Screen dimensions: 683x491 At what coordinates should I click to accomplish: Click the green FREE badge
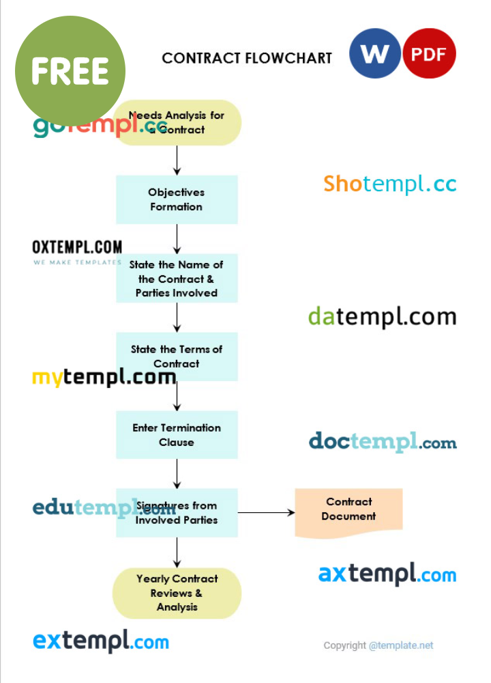[70, 70]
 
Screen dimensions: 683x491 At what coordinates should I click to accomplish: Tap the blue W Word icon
[374, 53]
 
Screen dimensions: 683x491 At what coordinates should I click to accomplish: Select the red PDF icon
[429, 53]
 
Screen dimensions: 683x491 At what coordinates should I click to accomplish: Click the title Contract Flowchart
[247, 58]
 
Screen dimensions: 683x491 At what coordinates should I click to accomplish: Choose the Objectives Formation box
[177, 199]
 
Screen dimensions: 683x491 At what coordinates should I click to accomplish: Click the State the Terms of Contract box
[177, 356]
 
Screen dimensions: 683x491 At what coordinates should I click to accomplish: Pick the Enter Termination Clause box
[177, 434]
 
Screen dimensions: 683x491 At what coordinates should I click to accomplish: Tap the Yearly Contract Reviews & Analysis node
[177, 593]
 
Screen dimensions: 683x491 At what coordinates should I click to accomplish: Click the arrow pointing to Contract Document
[266, 512]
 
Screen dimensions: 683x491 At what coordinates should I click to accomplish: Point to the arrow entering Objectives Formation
[177, 161]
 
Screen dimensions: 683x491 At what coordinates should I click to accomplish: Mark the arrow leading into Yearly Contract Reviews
[177, 552]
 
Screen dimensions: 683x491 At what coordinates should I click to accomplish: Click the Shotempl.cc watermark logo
[389, 184]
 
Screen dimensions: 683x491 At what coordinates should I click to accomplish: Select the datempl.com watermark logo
[382, 317]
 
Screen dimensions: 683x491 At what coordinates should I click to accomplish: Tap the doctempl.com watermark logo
[383, 442]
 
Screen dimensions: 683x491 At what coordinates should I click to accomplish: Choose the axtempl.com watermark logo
[387, 574]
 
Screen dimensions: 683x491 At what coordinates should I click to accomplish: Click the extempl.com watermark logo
[101, 641]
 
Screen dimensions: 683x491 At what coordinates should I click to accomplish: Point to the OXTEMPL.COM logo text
[77, 247]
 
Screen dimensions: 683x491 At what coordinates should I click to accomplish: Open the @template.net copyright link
[401, 645]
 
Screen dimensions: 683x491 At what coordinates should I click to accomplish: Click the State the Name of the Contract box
[177, 279]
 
